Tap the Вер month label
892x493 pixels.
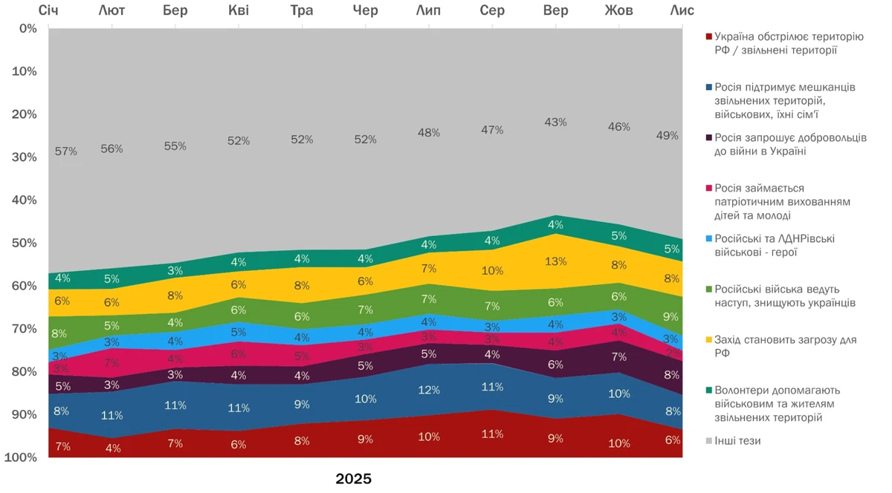point(556,10)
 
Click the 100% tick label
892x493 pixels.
point(20,457)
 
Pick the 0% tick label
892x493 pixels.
point(28,28)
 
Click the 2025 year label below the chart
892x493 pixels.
point(353,479)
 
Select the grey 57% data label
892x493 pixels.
point(66,151)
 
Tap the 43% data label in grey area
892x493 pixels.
point(555,122)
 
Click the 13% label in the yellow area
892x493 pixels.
point(555,261)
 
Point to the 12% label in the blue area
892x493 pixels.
point(429,390)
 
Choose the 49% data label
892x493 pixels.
point(667,135)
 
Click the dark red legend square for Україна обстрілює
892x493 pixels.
point(708,36)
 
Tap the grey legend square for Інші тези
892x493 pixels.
point(708,441)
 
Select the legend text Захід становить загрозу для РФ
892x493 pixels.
point(784,346)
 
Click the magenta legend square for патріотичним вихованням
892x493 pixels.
point(708,189)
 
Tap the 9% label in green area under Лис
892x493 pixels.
point(671,316)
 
